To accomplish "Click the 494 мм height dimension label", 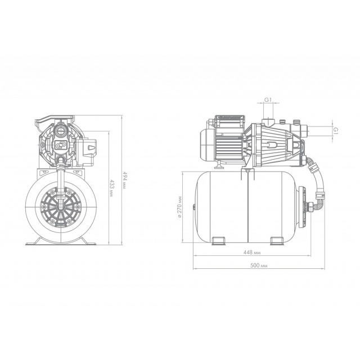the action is [124, 180].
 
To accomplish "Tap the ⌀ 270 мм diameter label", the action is [179, 208].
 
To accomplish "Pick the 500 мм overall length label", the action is [259, 265].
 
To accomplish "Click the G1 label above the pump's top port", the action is [268, 100].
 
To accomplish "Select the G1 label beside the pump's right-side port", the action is [336, 131].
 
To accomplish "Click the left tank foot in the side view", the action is [218, 241].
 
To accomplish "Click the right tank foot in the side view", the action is [277, 241].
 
